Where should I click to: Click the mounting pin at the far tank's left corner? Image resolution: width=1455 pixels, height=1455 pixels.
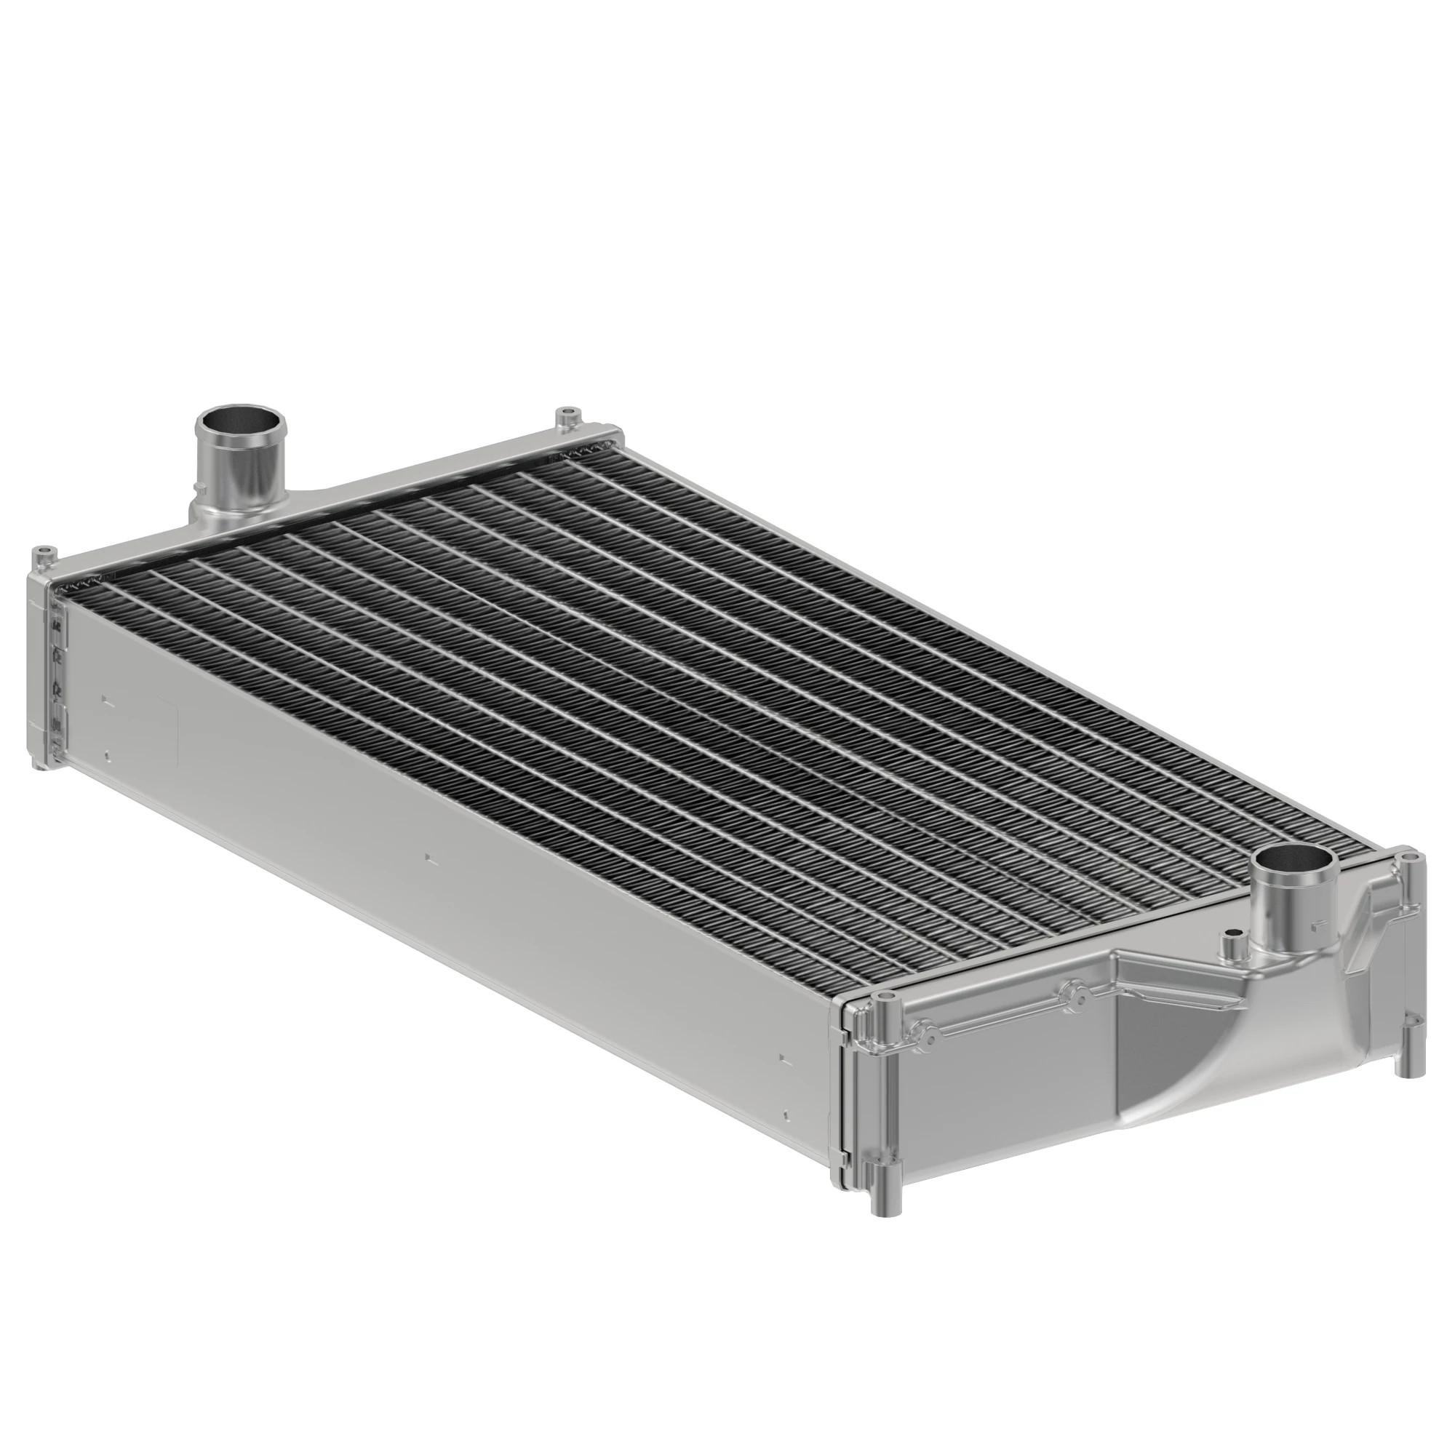45,557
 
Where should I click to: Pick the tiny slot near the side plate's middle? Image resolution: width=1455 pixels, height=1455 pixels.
428,857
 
